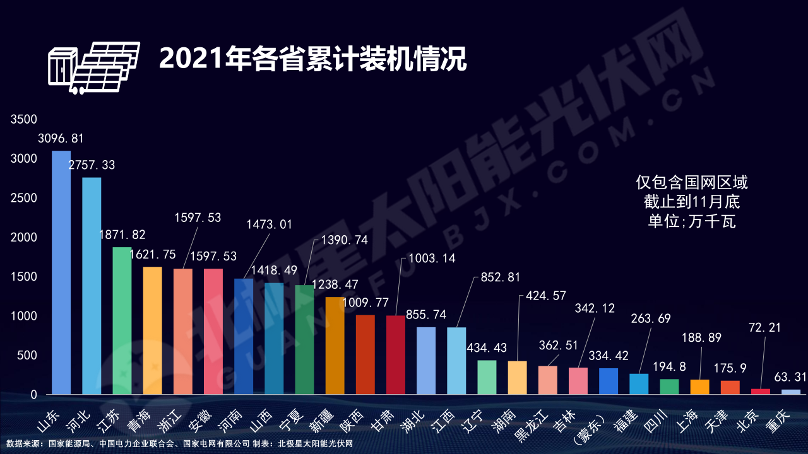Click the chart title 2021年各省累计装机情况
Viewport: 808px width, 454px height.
click(312, 58)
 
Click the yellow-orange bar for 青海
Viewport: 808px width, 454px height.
click(152, 330)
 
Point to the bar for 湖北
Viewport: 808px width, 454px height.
click(426, 361)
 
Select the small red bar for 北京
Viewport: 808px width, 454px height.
click(760, 392)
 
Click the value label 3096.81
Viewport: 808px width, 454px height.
click(61, 138)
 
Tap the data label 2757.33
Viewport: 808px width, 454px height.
click(92, 165)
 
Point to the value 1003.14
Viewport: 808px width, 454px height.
click(432, 258)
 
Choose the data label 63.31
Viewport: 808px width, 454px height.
click(792, 378)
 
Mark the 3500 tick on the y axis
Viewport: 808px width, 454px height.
click(25, 119)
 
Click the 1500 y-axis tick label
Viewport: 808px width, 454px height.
click(25, 277)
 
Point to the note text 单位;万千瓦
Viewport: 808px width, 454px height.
click(691, 221)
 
